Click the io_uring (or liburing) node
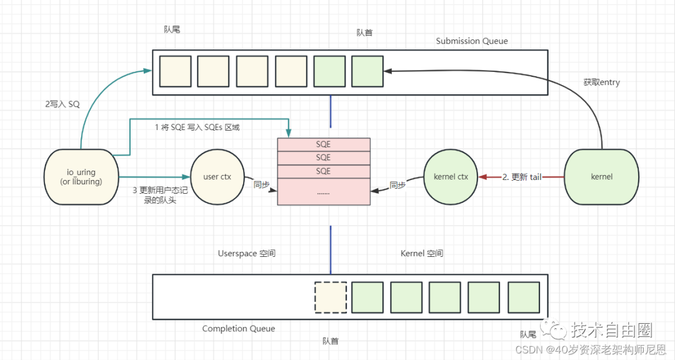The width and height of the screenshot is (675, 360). coord(81,177)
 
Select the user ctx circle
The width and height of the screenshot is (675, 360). coord(217,177)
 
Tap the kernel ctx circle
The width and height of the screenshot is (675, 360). coord(451,177)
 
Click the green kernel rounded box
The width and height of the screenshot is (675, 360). coord(601,177)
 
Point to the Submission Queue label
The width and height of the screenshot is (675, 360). coord(472,41)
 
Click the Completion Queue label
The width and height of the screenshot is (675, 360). coord(239,329)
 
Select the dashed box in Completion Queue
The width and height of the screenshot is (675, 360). coord(331,297)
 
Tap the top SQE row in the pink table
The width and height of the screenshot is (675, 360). coord(324,144)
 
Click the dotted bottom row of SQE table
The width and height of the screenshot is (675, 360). coord(324,192)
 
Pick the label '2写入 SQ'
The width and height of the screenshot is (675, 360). coord(62,104)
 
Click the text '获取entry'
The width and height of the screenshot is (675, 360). coord(601,82)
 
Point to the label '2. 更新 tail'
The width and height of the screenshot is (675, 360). coord(522,177)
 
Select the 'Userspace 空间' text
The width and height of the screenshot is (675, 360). coord(247,254)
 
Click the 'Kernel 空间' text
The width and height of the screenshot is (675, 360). coord(422,254)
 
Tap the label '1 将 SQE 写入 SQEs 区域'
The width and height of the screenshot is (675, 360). coord(197,127)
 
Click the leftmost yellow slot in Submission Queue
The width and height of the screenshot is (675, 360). coord(175,71)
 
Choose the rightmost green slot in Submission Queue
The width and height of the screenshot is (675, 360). coord(367,71)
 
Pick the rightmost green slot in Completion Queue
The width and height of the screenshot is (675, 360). coord(524,297)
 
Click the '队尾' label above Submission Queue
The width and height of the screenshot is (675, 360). coord(172,29)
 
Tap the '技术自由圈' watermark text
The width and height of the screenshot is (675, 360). coord(612,330)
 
